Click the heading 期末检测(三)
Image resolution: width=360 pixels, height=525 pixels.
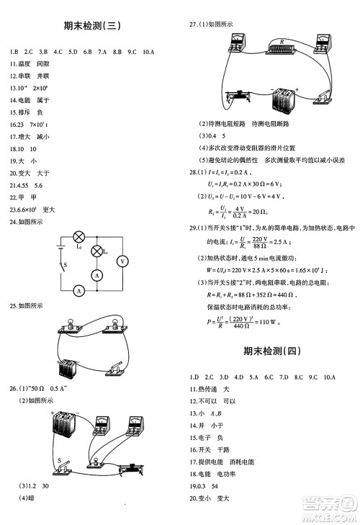tap(91, 27)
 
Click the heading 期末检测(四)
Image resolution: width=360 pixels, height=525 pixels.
tap(270, 351)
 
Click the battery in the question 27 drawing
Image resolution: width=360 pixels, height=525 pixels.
tap(283, 98)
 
